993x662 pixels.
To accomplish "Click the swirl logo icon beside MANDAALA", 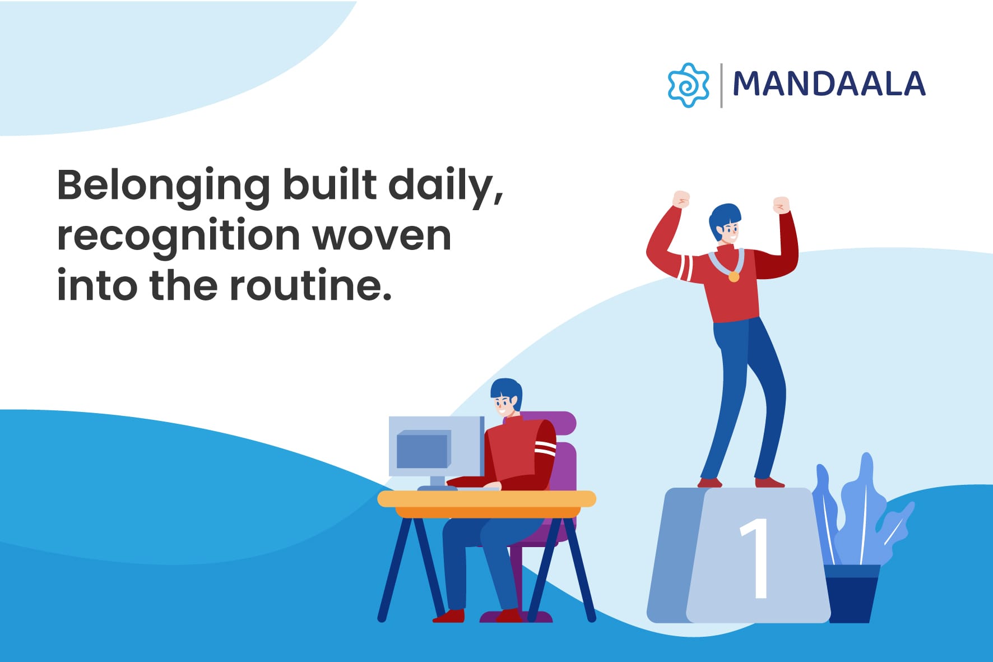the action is tap(689, 85).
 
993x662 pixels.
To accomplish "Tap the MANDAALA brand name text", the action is tap(829, 84).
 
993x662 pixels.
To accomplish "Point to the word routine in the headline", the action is tap(310, 285).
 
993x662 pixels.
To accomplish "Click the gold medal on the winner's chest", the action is tap(734, 276).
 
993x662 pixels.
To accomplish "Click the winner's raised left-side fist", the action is tap(681, 199).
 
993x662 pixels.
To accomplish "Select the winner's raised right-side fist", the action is tap(781, 205).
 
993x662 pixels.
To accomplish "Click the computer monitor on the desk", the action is tap(436, 446).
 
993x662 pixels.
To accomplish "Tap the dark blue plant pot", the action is tap(852, 594).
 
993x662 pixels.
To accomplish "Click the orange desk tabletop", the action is tap(486, 503).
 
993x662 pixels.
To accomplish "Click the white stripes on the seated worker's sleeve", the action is tap(545, 447).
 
